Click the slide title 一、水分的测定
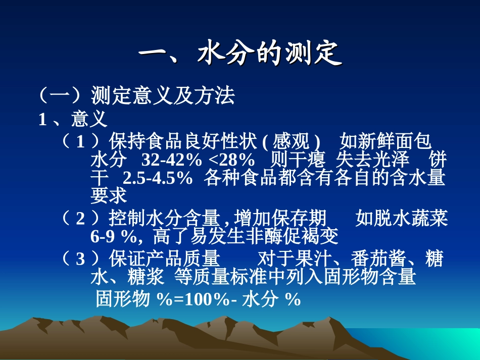[240, 54]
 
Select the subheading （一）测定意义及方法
[136, 95]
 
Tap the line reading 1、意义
[73, 119]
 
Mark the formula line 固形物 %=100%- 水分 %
[198, 299]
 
